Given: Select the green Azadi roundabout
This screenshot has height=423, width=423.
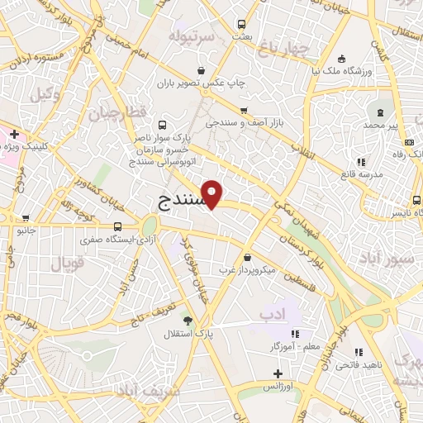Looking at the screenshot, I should click(149, 225).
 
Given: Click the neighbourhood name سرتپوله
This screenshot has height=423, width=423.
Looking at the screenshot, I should click(192, 37).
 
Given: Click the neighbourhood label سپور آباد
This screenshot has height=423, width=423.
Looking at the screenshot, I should click(389, 259).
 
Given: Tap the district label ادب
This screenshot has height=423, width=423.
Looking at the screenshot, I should click(272, 315).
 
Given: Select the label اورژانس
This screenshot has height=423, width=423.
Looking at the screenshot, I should click(279, 386).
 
